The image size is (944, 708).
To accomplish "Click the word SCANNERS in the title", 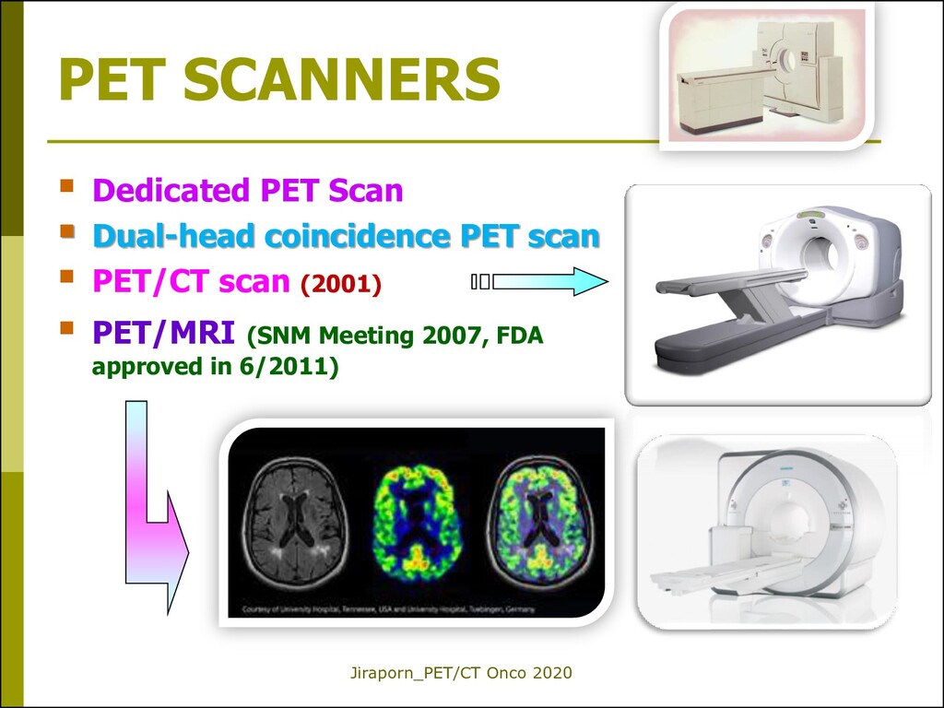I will pos(341,80).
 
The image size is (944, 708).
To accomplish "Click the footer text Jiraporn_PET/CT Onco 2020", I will pos(461,674).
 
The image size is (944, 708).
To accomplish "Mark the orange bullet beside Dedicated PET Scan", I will pos(66,187).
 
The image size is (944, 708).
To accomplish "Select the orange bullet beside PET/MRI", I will pos(66,327).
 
